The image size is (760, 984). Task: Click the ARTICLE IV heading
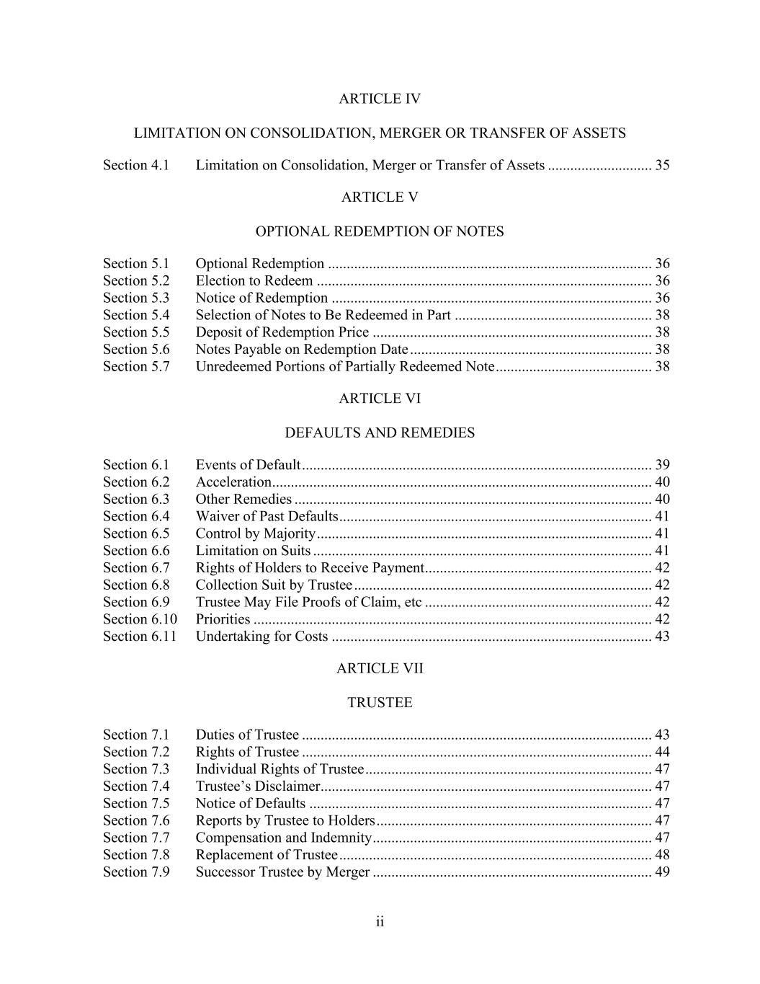(380, 99)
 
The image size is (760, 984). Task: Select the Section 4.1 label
(136, 165)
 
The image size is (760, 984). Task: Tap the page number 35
(662, 165)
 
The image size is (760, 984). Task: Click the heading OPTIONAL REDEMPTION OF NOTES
(380, 231)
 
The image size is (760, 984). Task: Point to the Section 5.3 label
(136, 298)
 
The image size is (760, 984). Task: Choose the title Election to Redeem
(254, 280)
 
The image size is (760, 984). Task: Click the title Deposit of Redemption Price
(282, 332)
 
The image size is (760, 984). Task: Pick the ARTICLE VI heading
(380, 399)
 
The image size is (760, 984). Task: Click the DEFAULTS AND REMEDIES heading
(380, 433)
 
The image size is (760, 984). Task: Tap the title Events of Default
(248, 465)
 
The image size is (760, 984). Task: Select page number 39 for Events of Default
(662, 465)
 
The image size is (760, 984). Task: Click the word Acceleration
(233, 482)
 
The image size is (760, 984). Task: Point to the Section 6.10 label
(140, 619)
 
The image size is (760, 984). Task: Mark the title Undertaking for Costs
(261, 637)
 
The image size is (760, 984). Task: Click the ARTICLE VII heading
(380, 668)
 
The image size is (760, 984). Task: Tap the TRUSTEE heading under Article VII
(380, 703)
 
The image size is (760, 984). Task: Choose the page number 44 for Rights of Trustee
(662, 752)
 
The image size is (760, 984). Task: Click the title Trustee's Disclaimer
(257, 786)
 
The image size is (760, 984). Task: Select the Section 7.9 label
(136, 872)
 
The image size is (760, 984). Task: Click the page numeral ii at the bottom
(380, 922)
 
